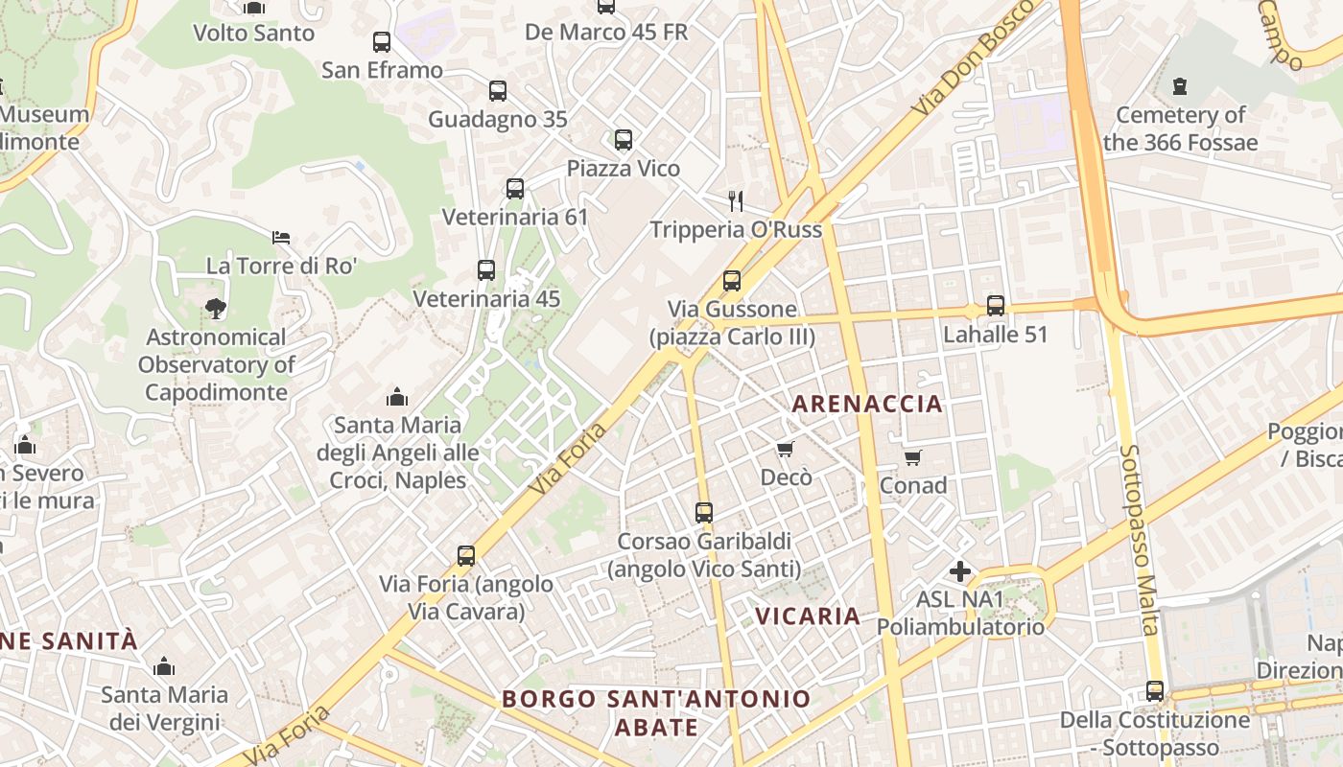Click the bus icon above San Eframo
coord(382,42)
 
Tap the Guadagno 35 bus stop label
coord(497,120)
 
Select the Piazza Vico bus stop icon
coord(624,140)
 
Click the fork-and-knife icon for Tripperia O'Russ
coord(736,200)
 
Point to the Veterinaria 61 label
coord(514,218)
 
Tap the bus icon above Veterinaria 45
coord(486,270)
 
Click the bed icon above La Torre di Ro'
coord(281,237)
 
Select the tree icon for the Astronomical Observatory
coord(216,308)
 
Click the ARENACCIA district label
coord(867,404)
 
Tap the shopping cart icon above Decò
coord(786,449)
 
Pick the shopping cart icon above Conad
coord(912,457)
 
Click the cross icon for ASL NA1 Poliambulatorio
coord(959,571)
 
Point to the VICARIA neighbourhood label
coord(808,616)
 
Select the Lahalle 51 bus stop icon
coord(996,306)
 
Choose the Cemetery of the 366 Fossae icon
coord(1180,86)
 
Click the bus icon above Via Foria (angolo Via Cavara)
coord(466,555)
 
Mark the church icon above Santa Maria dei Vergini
coord(164,666)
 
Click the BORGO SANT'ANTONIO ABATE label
coord(656,712)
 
